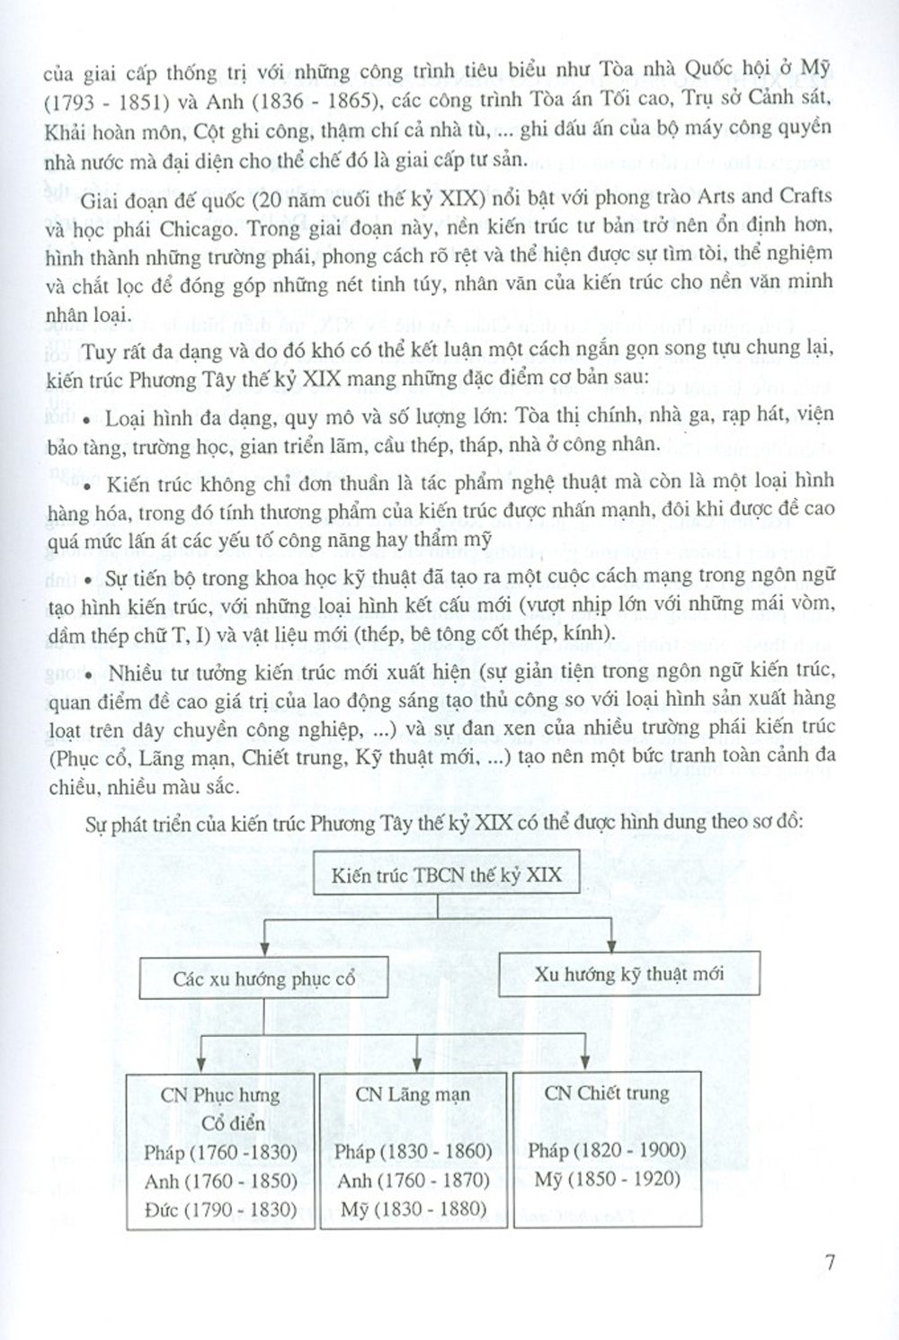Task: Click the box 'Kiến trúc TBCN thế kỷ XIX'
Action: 446,875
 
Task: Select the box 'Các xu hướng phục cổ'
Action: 264,978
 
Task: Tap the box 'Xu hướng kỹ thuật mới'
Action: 628,974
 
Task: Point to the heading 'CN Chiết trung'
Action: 607,1094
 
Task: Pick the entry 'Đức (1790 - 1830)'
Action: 220,1210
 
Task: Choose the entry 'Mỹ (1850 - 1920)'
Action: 607,1179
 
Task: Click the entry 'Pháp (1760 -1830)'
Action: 219,1152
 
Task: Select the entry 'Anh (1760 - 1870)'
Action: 414,1180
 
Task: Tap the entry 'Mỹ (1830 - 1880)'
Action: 414,1209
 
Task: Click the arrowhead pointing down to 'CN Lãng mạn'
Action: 419,1062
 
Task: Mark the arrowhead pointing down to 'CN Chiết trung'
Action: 586,1062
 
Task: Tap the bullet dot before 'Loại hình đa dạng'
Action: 87,420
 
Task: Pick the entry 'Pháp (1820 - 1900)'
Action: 607,1150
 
